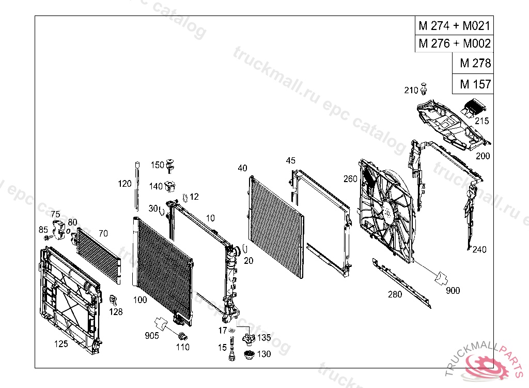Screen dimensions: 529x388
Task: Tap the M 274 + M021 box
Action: [454, 25]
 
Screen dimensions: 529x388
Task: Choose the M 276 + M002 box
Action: [454, 43]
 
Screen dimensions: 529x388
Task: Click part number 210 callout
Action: [411, 91]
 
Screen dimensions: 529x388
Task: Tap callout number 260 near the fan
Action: [350, 179]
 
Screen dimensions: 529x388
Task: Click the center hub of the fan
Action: [387, 212]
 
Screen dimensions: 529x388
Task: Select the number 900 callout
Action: [453, 291]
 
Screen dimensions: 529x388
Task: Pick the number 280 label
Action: [395, 295]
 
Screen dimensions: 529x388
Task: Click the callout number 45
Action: [291, 161]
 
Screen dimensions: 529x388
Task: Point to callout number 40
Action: [242, 168]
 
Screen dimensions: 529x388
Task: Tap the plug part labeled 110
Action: [182, 337]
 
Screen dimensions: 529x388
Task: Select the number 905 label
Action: [152, 335]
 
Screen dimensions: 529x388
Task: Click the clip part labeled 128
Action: [113, 300]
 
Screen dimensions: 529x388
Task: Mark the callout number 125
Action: [61, 344]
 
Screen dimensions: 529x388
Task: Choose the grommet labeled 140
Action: [172, 185]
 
